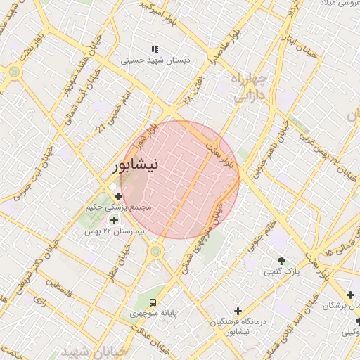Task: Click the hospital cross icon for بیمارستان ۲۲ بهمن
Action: [x=114, y=220]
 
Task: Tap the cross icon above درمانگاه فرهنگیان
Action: [x=238, y=310]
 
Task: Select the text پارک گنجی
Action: [x=287, y=271]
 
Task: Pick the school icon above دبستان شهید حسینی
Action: [x=154, y=49]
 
